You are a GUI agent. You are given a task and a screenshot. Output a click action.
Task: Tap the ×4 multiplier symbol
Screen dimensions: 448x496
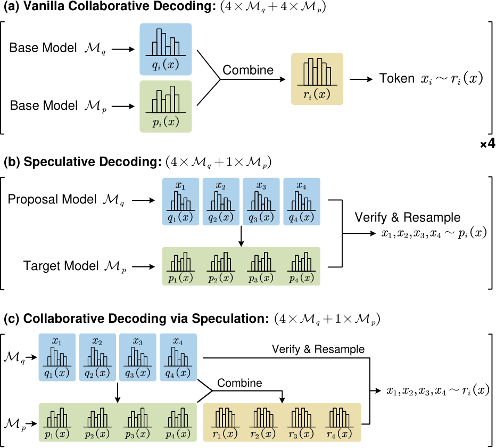487,145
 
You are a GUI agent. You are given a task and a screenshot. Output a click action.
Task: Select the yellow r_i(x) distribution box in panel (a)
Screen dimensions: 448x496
317,78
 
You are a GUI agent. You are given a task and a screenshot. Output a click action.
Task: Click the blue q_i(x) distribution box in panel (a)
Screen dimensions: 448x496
166,49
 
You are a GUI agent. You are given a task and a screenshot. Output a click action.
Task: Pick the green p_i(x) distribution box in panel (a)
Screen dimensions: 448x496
166,107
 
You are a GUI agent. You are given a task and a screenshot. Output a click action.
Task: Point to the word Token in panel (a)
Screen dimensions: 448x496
396,79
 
